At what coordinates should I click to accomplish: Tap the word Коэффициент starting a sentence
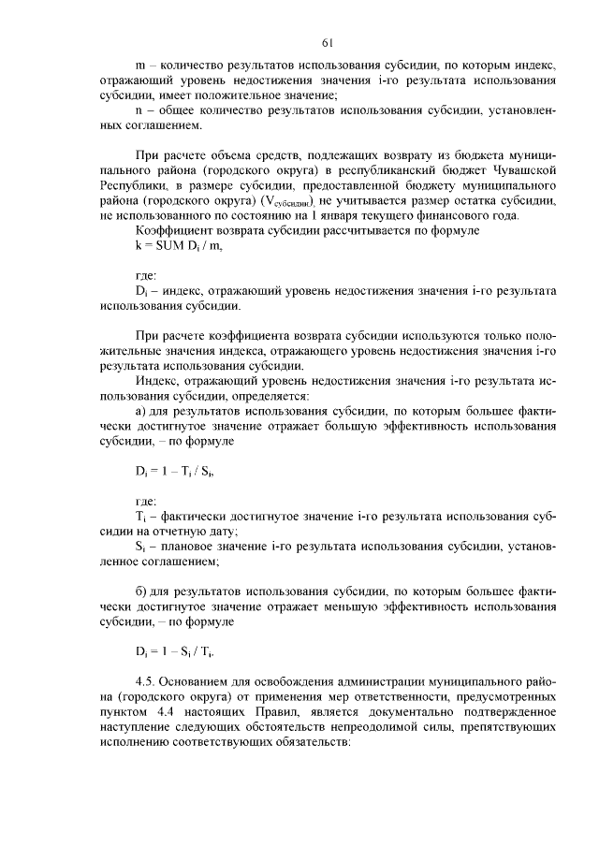point(173,230)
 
